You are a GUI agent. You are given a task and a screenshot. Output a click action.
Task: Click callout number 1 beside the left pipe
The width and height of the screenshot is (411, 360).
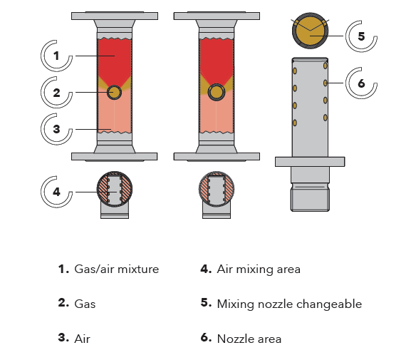[x=56, y=56]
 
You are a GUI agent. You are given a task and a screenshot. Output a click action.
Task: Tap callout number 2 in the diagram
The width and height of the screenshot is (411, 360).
[x=56, y=93]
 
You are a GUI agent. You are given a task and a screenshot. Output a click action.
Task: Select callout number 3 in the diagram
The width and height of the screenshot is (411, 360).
[x=56, y=129]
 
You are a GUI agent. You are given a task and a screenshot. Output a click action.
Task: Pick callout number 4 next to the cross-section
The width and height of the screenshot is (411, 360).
[x=56, y=192]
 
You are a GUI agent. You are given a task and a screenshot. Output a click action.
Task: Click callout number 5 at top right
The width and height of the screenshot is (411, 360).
[x=361, y=36]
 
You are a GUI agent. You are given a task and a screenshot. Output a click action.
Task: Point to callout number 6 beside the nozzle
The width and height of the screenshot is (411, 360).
[x=361, y=83]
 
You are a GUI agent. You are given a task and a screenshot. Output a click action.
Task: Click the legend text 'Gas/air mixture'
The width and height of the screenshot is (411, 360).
[x=117, y=269]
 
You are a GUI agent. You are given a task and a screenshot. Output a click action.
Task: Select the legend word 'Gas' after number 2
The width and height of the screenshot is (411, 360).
[x=85, y=304]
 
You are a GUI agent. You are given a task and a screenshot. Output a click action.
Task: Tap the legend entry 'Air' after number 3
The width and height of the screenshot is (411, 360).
[x=83, y=339]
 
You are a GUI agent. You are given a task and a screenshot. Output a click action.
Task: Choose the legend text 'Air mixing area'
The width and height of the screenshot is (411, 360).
[x=259, y=269]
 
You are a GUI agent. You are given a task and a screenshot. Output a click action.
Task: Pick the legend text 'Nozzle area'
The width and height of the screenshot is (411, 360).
[x=249, y=339]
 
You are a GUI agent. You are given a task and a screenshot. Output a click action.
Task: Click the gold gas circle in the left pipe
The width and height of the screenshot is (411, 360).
[x=114, y=93]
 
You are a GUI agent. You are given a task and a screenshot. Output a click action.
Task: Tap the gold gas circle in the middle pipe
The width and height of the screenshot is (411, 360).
[x=217, y=93]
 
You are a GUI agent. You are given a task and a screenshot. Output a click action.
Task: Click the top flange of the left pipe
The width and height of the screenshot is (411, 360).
[x=115, y=16]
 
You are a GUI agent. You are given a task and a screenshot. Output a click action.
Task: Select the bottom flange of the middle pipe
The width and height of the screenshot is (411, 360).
[x=217, y=157]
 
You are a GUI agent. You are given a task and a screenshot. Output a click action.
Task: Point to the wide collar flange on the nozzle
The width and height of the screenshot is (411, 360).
[x=310, y=162]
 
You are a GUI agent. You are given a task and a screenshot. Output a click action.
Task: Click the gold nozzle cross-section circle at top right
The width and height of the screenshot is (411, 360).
[x=310, y=31]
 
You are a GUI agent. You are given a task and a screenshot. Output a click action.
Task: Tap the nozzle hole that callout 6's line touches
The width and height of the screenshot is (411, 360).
[x=326, y=83]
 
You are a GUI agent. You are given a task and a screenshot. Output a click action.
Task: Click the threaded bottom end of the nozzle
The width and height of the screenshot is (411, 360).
[x=310, y=200]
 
